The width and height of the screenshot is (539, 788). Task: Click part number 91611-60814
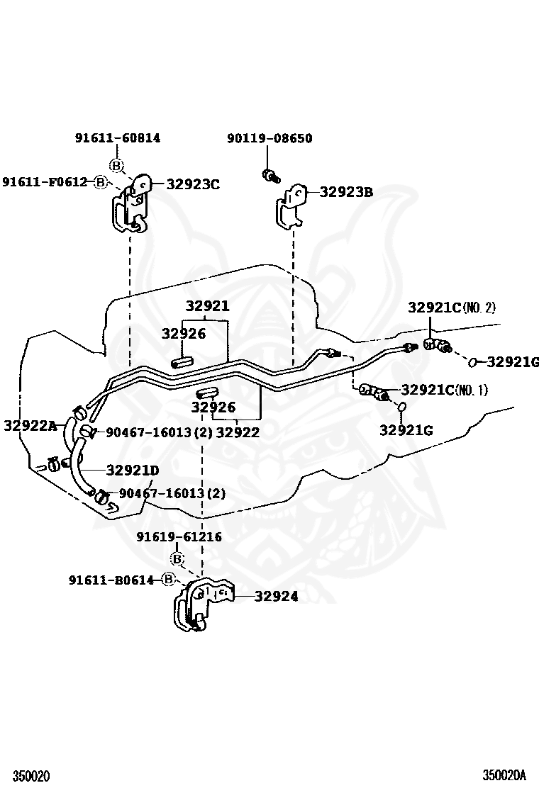click(x=117, y=138)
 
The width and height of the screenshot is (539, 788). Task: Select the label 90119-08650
click(x=269, y=138)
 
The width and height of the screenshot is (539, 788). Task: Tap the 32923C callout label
click(x=193, y=184)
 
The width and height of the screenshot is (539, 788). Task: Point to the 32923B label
click(x=346, y=191)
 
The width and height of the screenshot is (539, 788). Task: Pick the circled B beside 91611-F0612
click(x=100, y=182)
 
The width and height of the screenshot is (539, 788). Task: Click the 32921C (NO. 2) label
click(x=452, y=308)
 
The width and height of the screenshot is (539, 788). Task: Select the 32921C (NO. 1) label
click(x=444, y=390)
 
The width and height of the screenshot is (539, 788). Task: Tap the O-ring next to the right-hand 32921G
click(x=472, y=363)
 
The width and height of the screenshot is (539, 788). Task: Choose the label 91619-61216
click(x=179, y=537)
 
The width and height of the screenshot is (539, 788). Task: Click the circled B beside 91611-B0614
click(x=168, y=580)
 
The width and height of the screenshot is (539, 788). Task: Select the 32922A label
click(x=29, y=425)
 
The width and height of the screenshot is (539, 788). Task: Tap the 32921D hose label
click(x=133, y=470)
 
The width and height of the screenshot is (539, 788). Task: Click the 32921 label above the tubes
click(x=207, y=306)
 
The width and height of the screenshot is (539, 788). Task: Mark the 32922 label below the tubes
click(x=238, y=432)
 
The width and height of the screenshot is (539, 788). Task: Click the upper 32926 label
click(x=183, y=334)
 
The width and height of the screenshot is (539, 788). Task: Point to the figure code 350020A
click(x=505, y=776)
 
